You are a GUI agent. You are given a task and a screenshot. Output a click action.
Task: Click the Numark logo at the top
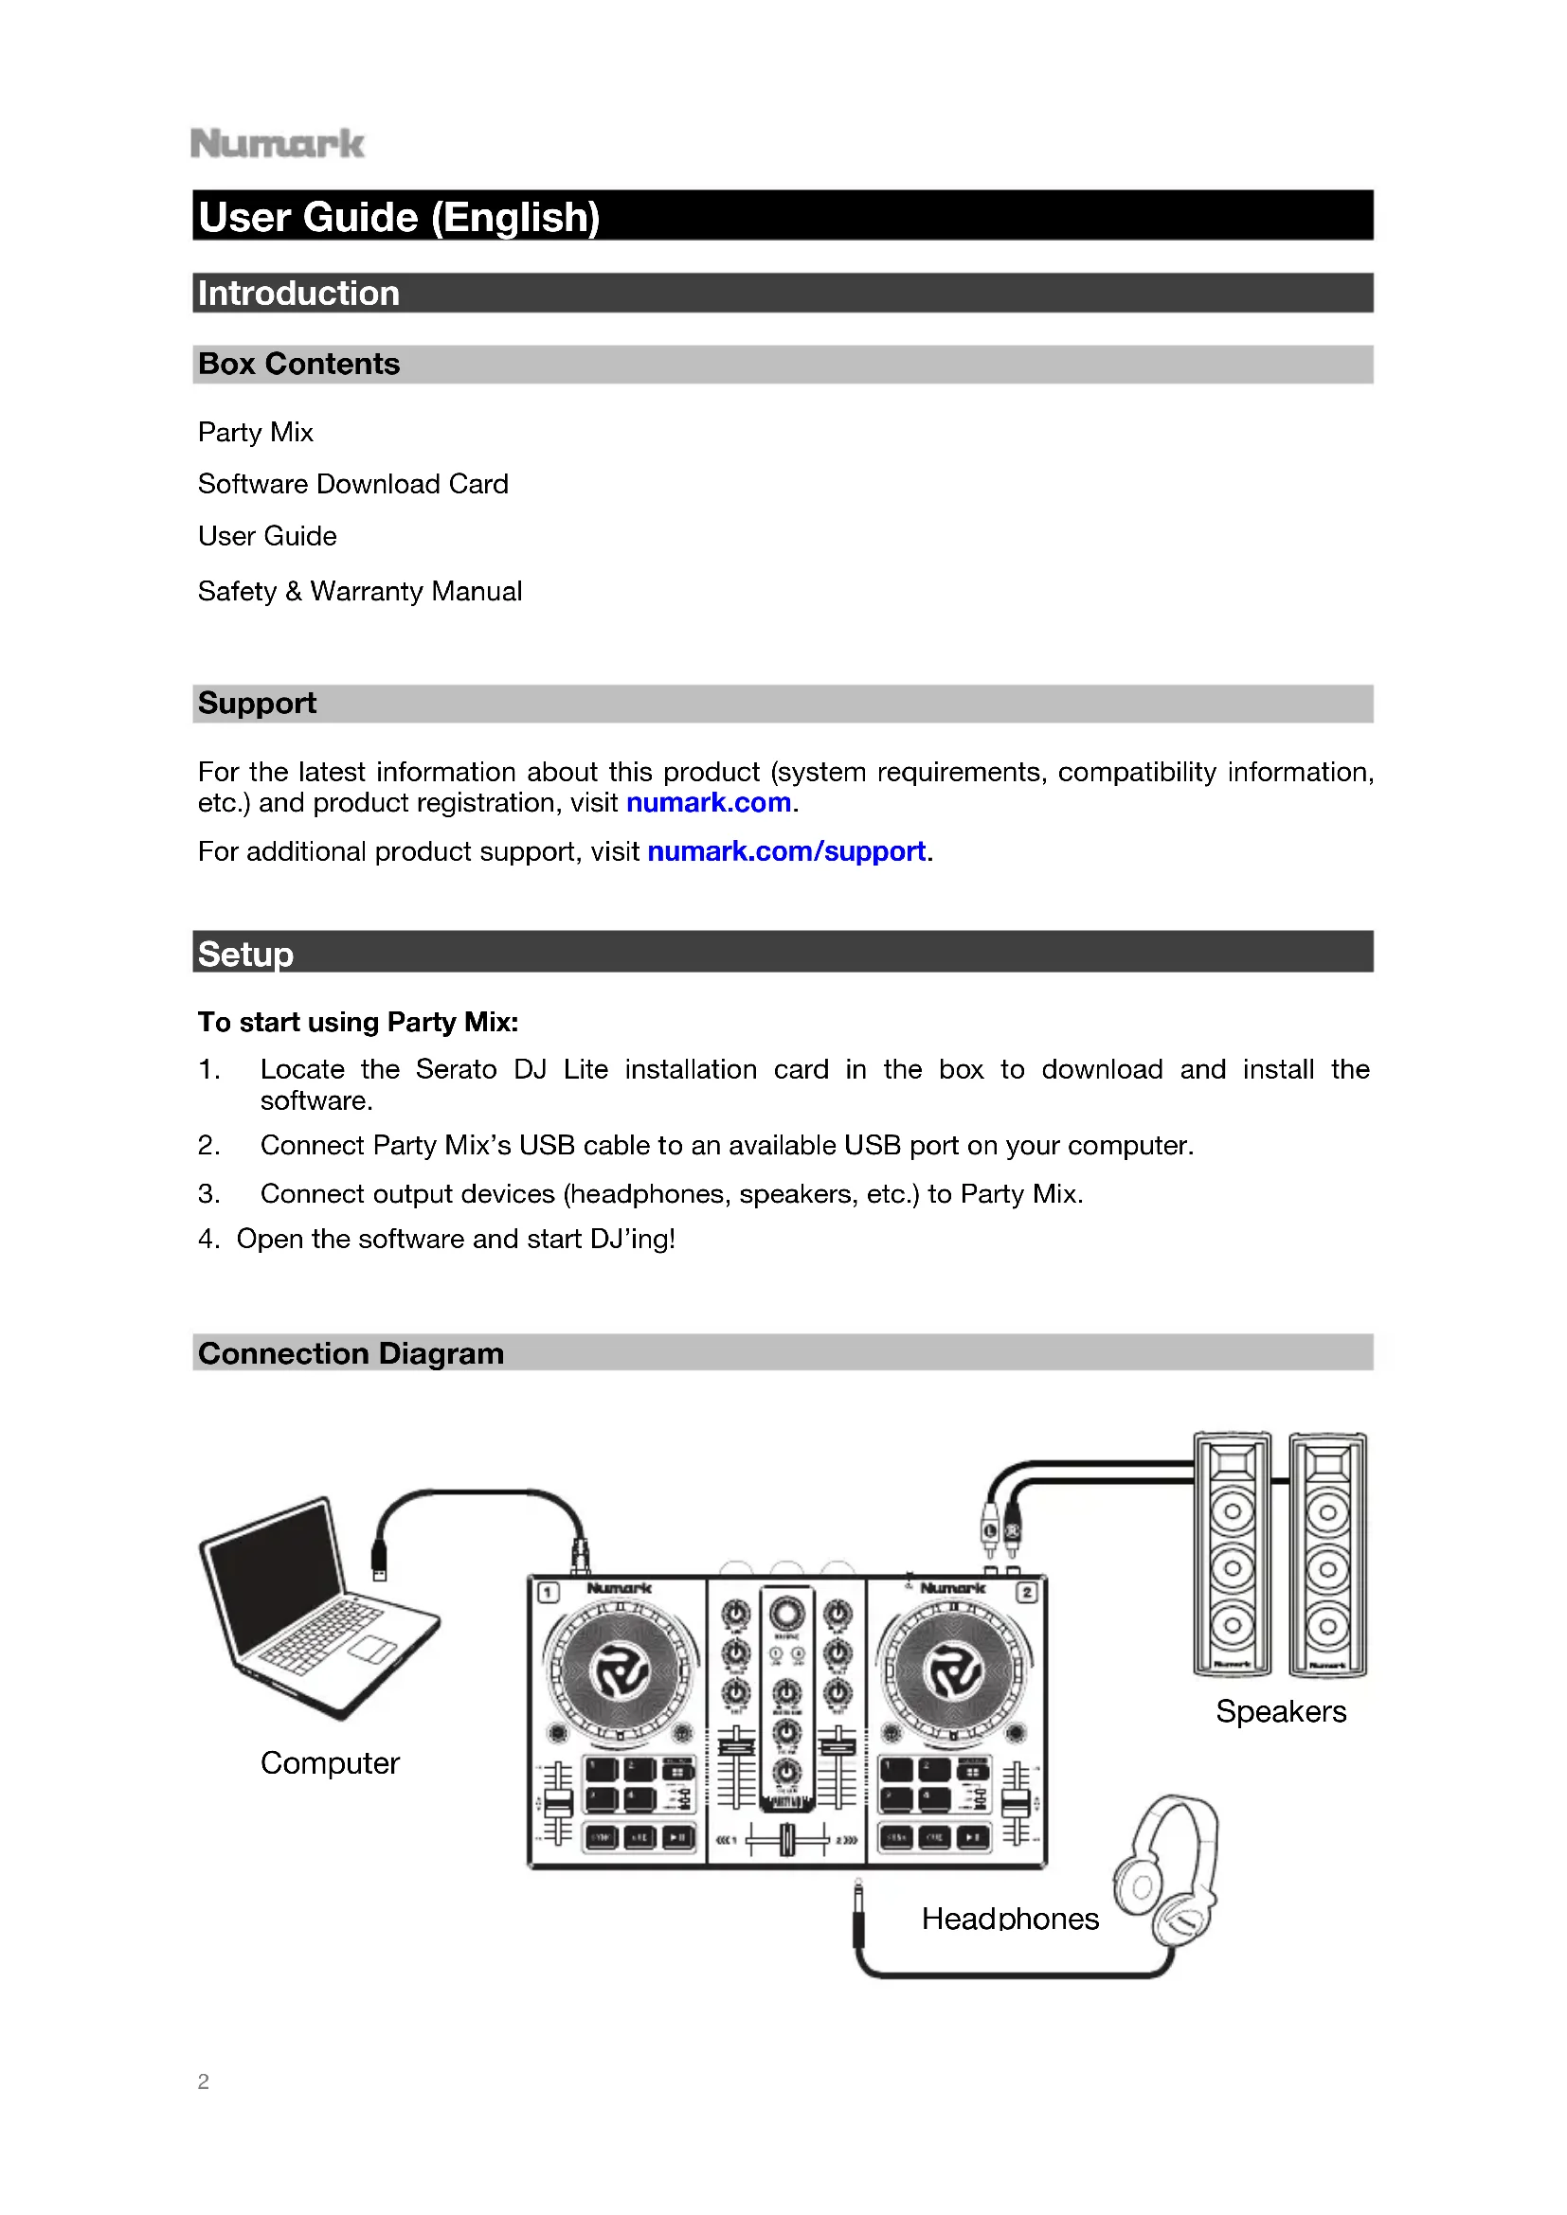[x=277, y=144]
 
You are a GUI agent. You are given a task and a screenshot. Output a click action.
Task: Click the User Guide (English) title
[x=399, y=216]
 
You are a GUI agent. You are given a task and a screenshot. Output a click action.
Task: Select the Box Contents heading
[x=298, y=364]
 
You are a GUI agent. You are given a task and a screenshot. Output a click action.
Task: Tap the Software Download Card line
[x=352, y=483]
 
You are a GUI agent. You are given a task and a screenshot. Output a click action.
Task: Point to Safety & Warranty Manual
[x=359, y=590]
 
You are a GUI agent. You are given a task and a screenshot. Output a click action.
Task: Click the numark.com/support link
[x=785, y=851]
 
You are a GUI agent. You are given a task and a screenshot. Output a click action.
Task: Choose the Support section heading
[x=257, y=704]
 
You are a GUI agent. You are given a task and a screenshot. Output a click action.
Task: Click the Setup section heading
[x=245, y=954]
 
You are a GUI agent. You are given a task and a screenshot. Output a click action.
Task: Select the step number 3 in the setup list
[x=208, y=1193]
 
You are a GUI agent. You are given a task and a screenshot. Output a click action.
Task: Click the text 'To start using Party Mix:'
[x=358, y=1022]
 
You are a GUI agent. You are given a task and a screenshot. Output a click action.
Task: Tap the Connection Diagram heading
[x=351, y=1353]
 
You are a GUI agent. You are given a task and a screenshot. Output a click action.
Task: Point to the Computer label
[x=329, y=1762]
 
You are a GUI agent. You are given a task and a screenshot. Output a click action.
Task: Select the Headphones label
[x=1009, y=1918]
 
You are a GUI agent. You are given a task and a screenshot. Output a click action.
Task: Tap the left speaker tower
[x=1232, y=1555]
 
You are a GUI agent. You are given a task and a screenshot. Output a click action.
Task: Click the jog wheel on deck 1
[x=621, y=1672]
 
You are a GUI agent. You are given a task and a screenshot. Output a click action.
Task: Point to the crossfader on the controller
[x=787, y=1840]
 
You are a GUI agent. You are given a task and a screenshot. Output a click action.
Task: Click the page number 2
[x=203, y=2081]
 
